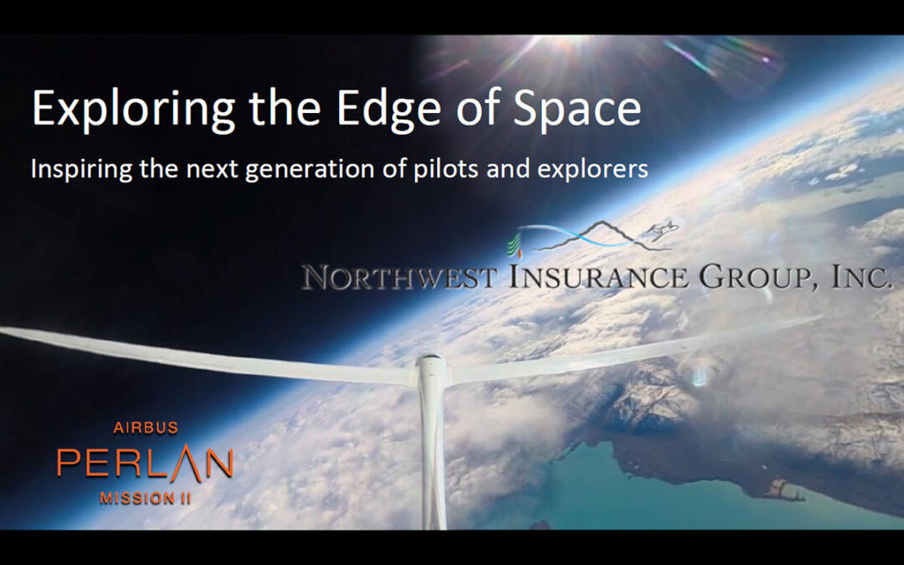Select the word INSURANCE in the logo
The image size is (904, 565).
598,277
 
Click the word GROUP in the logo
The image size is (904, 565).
756,277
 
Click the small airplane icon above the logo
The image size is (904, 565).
662,230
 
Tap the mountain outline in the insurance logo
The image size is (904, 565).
603,236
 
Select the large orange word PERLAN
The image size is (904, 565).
146,462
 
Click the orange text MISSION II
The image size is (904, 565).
146,498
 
